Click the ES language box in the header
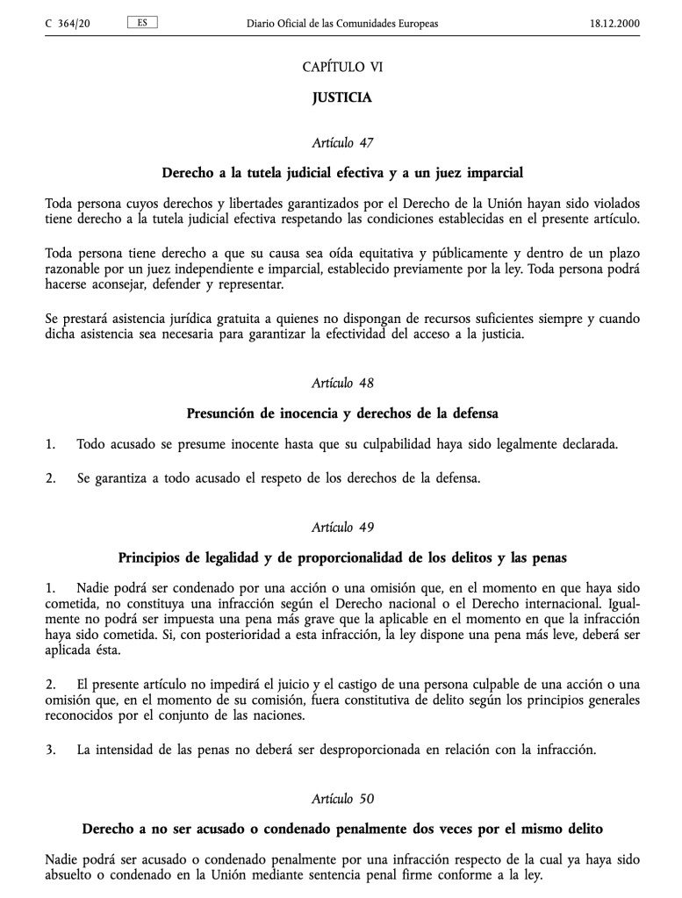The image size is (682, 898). point(142,22)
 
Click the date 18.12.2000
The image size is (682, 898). point(614,23)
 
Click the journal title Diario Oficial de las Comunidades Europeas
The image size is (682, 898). point(342,23)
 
